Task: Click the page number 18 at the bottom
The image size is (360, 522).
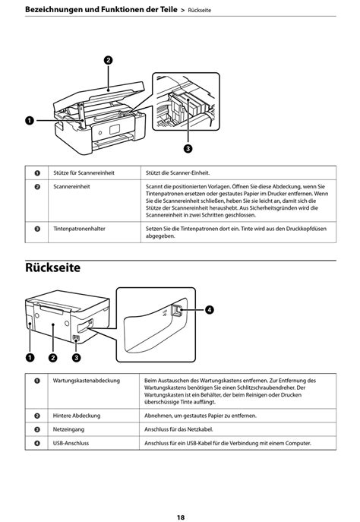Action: pos(180,517)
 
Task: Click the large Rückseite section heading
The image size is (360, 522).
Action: pos(52,267)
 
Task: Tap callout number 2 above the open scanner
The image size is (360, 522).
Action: pos(108,60)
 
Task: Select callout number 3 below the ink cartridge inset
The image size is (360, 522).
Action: pos(188,148)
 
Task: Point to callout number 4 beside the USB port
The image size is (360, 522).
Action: pos(209,310)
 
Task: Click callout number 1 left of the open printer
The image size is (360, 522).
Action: pos(30,121)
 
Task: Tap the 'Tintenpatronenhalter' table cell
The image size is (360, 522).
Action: pos(79,229)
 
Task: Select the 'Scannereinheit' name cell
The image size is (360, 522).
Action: pos(71,186)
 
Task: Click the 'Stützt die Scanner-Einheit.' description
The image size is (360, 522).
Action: pos(178,172)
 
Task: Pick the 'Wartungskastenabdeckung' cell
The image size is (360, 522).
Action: pos(86,381)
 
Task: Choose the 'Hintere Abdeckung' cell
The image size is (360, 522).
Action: pos(77,416)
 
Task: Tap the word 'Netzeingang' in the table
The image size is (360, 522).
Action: pos(68,429)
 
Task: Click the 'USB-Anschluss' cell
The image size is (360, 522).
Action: pos(71,443)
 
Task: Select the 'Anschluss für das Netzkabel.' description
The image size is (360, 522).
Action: pos(178,429)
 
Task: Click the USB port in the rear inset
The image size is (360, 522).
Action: pos(175,311)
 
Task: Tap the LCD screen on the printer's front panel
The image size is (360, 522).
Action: pos(115,129)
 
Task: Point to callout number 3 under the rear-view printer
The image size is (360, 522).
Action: pos(76,358)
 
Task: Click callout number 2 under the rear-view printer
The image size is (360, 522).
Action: pos(53,358)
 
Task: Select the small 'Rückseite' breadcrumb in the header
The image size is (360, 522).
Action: pos(200,11)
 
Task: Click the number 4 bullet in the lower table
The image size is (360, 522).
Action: pos(37,443)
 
